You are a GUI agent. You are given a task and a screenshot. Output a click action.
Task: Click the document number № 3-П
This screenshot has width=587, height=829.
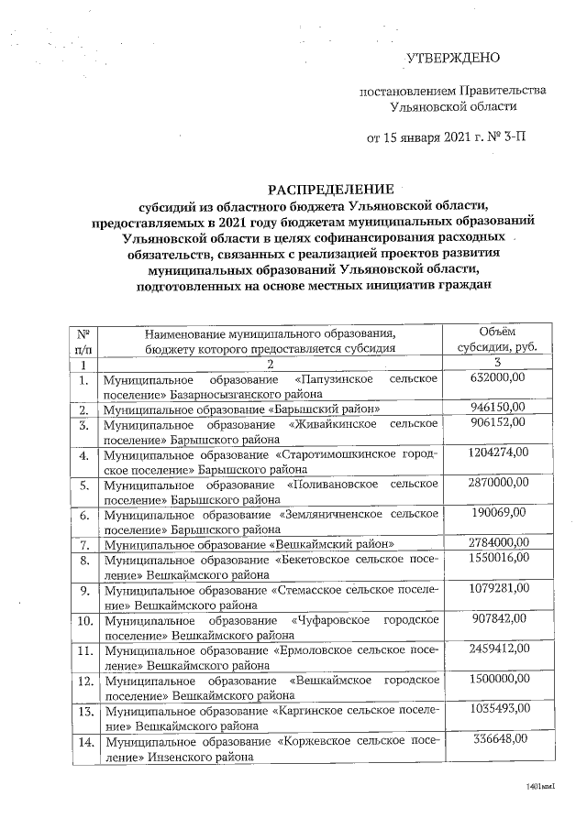tap(507, 139)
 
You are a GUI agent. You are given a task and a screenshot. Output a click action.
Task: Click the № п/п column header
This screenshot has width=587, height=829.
tap(83, 339)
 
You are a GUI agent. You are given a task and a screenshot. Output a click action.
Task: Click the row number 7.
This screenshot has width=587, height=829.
tap(83, 543)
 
